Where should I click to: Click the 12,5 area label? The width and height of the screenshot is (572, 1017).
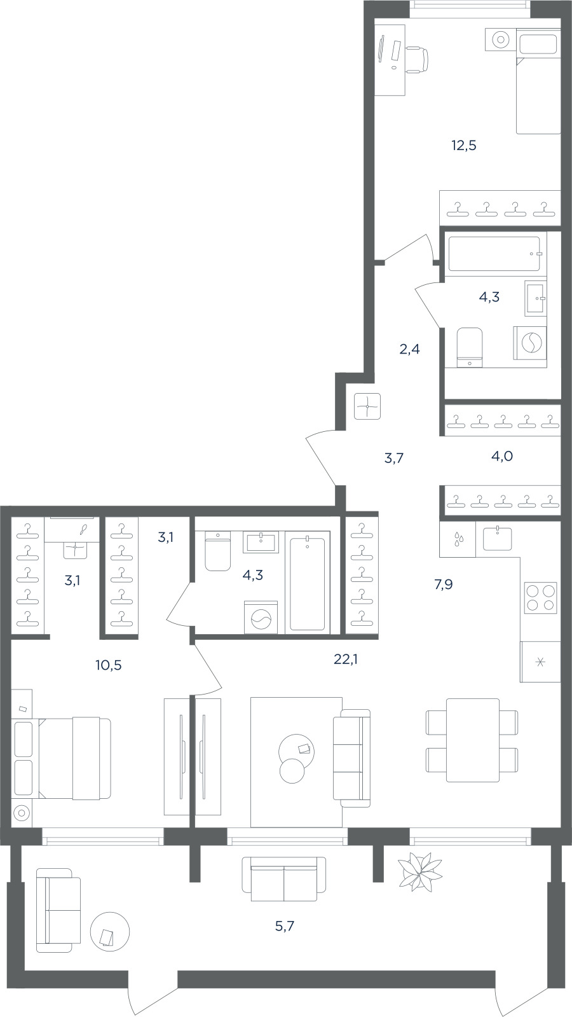463,146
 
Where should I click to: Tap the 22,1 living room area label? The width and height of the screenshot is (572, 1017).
346,659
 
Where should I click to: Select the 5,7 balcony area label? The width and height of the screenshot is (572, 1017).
285,926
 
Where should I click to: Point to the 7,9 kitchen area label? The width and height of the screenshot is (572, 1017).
443,585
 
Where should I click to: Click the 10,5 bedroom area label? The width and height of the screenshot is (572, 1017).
109,665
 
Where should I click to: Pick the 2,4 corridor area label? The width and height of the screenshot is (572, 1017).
409,349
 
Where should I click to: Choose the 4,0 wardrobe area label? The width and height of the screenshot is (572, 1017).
501,456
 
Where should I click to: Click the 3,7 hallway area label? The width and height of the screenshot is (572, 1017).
394,458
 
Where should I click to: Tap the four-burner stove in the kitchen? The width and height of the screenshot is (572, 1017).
540,597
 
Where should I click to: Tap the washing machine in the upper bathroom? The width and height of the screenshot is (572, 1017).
529,342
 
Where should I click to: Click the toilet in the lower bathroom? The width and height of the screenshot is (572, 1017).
218,551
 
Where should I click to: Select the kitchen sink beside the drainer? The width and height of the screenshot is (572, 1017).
497,538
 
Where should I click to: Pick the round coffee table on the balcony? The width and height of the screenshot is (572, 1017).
110,931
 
